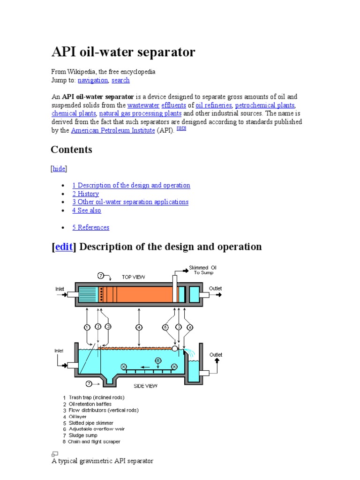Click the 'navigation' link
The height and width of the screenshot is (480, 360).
[x=93, y=80]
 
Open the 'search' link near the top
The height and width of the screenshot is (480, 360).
[x=120, y=80]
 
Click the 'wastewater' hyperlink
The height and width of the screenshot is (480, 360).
[x=143, y=105]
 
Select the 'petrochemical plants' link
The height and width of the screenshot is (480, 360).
[x=265, y=105]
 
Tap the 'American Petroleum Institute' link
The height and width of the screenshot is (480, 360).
[x=112, y=130]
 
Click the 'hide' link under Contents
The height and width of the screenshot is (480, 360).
[x=59, y=169]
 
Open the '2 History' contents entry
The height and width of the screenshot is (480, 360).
[x=85, y=194]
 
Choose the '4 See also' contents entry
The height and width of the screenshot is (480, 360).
[x=86, y=210]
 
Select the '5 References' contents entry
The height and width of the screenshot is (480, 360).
[x=90, y=227]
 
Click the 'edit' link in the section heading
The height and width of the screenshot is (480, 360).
[x=64, y=247]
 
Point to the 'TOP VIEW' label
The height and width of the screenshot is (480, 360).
[x=134, y=277]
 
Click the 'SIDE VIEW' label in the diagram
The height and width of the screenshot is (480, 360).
[x=146, y=386]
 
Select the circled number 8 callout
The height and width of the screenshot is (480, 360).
[x=158, y=360]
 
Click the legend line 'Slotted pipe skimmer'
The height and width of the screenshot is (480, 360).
[x=91, y=423]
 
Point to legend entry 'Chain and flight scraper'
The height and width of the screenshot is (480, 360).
[x=94, y=442]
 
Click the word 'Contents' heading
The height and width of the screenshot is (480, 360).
[x=71, y=150]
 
